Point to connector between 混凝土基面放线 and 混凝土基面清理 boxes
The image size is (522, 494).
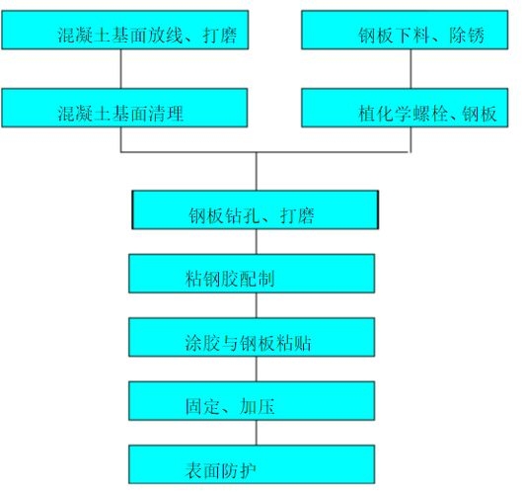121,68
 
